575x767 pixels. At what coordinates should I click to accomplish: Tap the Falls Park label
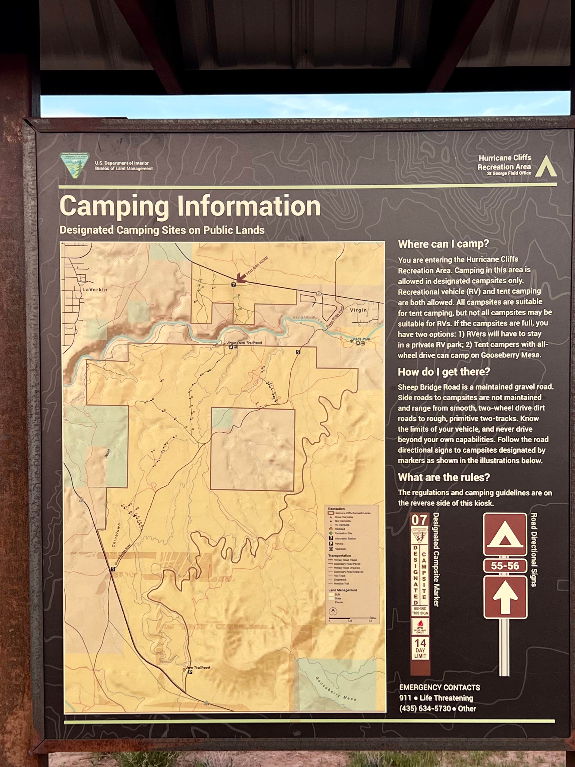click(x=361, y=339)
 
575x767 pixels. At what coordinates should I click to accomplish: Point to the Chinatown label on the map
click(x=116, y=535)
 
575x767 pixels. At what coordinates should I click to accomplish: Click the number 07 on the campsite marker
click(x=419, y=520)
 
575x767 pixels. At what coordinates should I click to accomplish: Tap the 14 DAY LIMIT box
click(x=420, y=648)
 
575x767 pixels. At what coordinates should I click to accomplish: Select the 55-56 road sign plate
click(x=505, y=566)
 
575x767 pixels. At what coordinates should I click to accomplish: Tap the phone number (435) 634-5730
click(x=425, y=708)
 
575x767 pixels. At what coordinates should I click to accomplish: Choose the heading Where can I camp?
click(x=443, y=244)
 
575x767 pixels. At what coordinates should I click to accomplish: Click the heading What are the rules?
click(x=444, y=477)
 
